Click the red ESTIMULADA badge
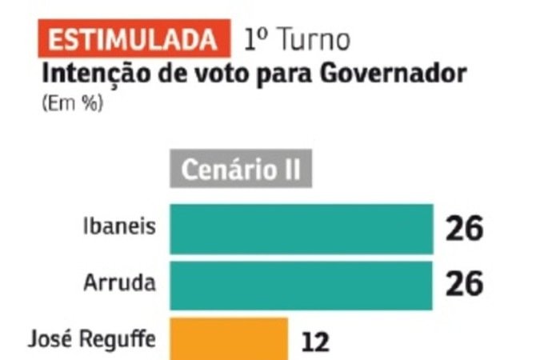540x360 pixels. pyautogui.click(x=132, y=39)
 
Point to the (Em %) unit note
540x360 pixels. pyautogui.click(x=72, y=103)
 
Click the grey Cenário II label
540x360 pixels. pyautogui.click(x=239, y=170)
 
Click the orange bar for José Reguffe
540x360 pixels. pyautogui.click(x=227, y=338)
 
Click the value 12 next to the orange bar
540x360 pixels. pyautogui.click(x=316, y=342)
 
